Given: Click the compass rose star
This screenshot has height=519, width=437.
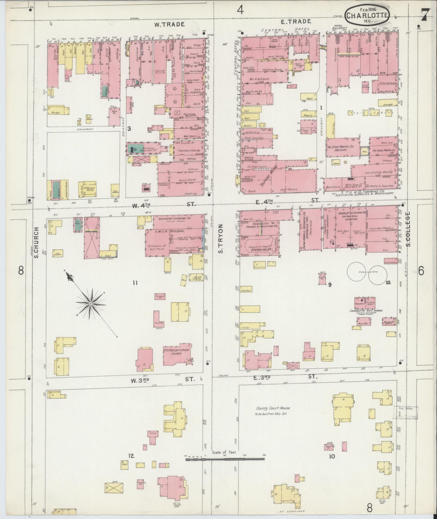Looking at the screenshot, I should [x=91, y=303].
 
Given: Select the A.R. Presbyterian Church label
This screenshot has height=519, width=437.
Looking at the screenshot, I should [x=176, y=351].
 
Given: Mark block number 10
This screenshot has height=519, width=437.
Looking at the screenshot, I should [x=332, y=456].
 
